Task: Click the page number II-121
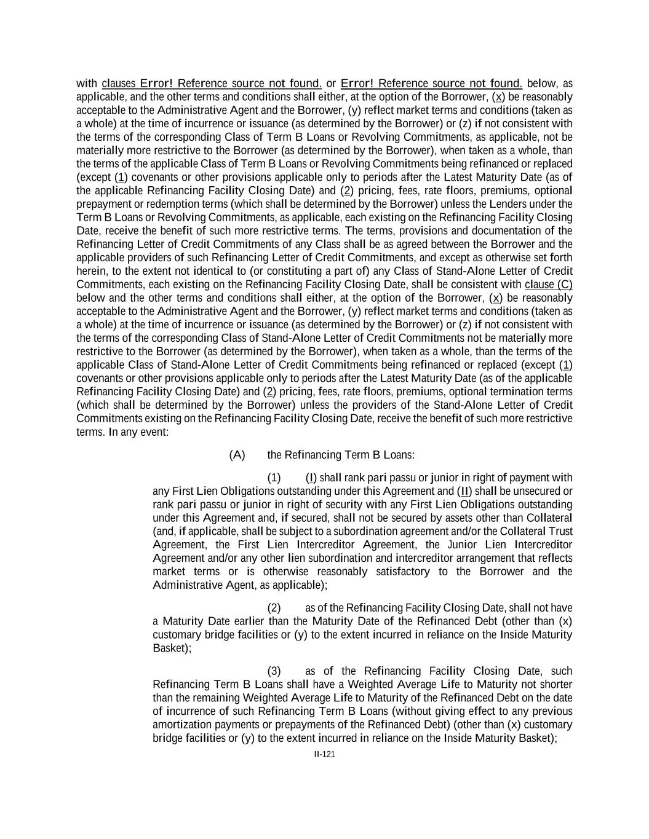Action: point(324,755)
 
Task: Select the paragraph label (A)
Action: point(237,455)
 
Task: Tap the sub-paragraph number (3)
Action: point(274,671)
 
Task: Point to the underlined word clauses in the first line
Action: point(119,84)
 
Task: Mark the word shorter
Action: point(555,685)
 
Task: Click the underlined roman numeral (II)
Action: point(464,491)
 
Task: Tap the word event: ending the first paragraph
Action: point(154,432)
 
